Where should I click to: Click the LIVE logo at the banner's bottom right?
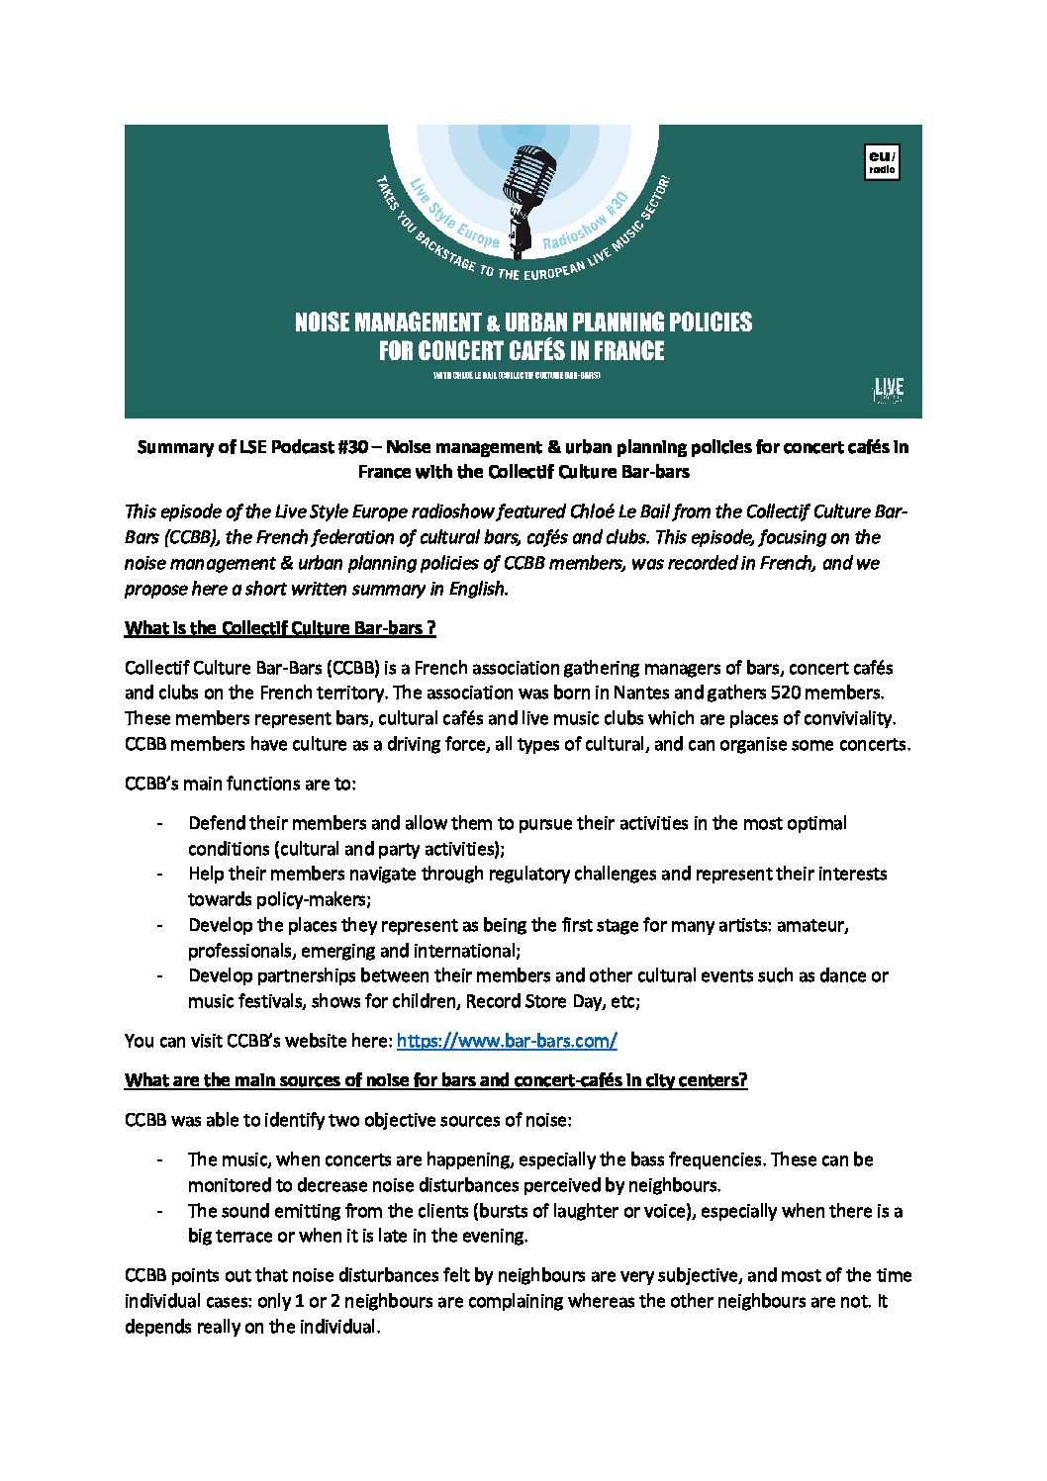888,390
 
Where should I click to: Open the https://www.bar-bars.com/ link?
507,1041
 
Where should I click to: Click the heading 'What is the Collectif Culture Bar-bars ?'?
280,628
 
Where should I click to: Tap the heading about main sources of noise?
435,1080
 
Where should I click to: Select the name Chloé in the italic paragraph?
595,511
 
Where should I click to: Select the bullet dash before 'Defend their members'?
159,823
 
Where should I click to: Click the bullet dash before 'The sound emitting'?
159,1211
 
